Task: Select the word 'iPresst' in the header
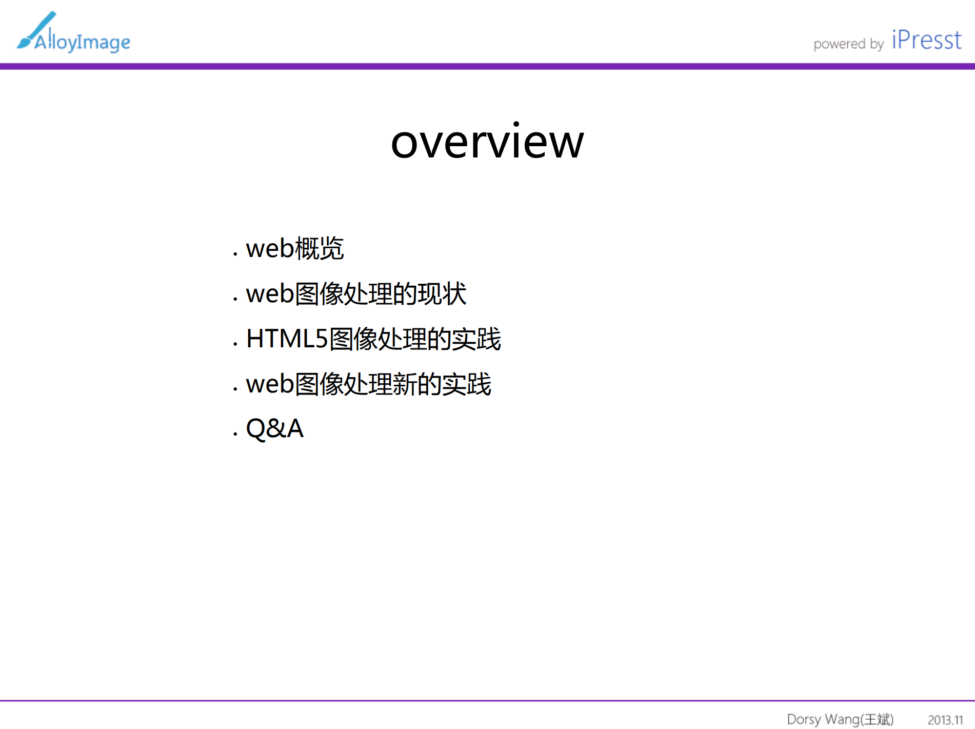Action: [x=926, y=40]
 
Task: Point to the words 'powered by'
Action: [x=848, y=44]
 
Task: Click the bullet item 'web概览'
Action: [x=294, y=248]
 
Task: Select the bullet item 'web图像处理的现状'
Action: [x=356, y=294]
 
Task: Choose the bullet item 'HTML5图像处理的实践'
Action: [x=373, y=339]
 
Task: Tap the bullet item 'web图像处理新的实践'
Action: [x=368, y=384]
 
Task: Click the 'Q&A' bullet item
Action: [x=275, y=428]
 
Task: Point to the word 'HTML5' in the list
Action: [x=287, y=339]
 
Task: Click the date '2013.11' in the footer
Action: [x=945, y=720]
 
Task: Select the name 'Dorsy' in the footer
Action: [x=804, y=719]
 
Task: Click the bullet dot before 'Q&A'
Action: [x=235, y=434]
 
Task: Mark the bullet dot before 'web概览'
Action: [x=235, y=253]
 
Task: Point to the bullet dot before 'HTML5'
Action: [x=235, y=344]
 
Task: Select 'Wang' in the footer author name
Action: [x=842, y=719]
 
